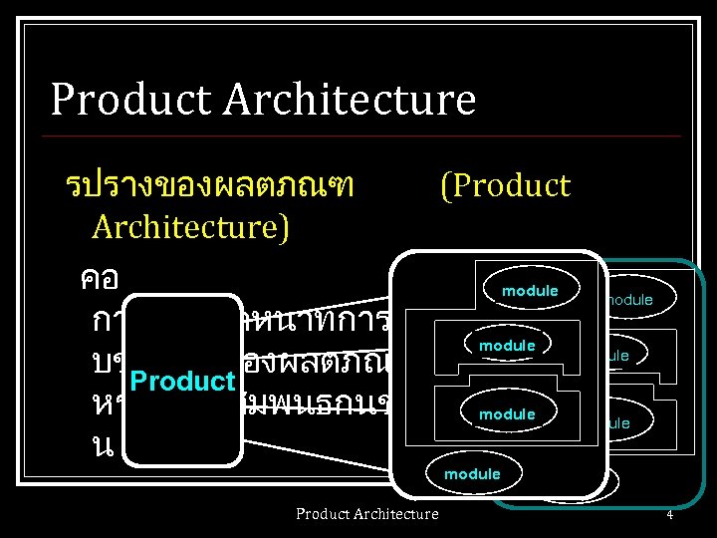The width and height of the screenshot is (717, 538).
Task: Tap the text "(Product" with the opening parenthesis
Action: [504, 185]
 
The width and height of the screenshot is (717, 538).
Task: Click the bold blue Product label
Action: [183, 383]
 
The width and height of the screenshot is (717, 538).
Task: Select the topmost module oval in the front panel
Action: [530, 291]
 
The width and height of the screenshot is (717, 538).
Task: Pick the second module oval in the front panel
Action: [507, 346]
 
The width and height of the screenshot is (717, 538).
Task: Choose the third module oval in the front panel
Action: [507, 413]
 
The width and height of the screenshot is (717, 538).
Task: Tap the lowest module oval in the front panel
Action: [472, 474]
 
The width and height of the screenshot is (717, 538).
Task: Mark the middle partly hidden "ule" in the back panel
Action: [617, 355]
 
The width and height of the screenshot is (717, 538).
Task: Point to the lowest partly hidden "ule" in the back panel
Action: [617, 422]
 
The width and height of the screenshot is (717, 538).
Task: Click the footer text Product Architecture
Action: [366, 513]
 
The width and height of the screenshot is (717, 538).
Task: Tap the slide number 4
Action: [670, 514]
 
